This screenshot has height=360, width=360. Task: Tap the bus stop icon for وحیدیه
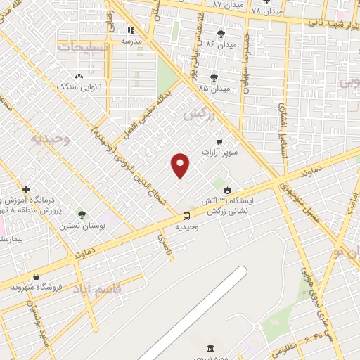(186, 216)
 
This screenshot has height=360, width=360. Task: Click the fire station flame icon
(227, 190)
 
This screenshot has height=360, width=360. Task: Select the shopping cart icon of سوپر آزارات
(219, 141)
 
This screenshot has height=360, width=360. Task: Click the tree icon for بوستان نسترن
(82, 214)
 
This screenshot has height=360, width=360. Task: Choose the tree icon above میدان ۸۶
(221, 34)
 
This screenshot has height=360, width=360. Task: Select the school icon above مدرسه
(131, 30)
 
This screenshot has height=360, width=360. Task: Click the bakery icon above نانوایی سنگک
(78, 77)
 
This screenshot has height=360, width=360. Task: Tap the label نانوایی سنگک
(76, 87)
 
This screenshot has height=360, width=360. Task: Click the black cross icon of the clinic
(26, 189)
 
